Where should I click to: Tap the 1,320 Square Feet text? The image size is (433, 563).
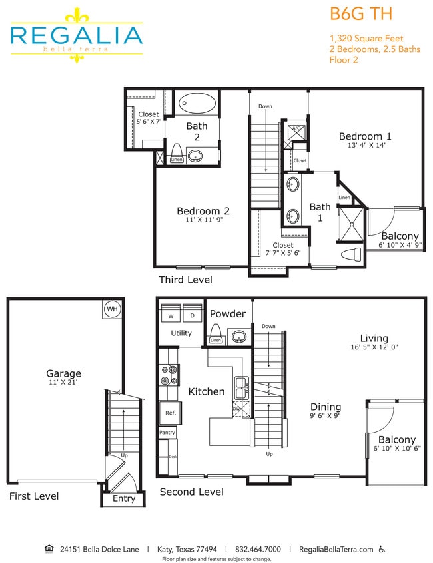pos(366,39)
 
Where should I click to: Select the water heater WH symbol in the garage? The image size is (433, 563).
pos(112,309)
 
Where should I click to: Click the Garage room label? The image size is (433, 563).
pos(63,373)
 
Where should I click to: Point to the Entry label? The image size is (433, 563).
pos(124,498)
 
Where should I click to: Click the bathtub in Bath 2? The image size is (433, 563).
pos(197,104)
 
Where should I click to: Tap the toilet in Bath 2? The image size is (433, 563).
pos(177,150)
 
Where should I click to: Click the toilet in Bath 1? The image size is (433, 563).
pos(351,254)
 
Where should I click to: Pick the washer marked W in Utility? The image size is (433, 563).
pos(171,315)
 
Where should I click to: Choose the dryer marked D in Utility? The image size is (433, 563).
pos(193,315)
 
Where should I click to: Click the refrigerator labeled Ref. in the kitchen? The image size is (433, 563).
pos(170,413)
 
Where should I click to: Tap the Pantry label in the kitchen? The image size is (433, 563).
pos(167,433)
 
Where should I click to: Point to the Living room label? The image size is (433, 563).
pos(374,338)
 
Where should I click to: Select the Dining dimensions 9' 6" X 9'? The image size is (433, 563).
pos(326,417)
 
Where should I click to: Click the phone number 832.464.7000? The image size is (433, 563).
pos(258,550)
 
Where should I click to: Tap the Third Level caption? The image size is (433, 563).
pos(185,280)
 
